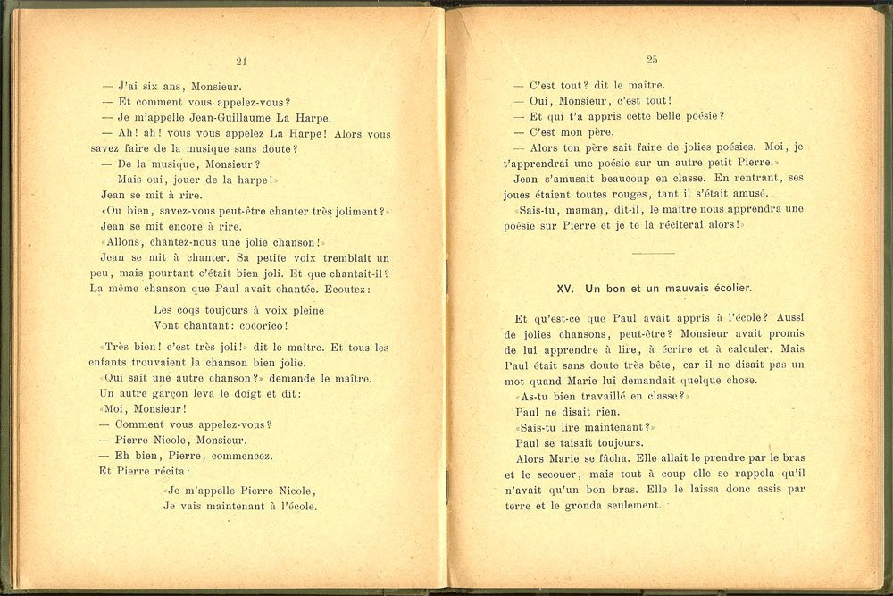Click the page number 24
tap(241, 61)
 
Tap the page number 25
tap(652, 59)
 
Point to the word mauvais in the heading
tap(679, 289)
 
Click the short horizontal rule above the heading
tap(652, 254)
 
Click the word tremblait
tap(332, 257)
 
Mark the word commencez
tap(244, 456)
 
